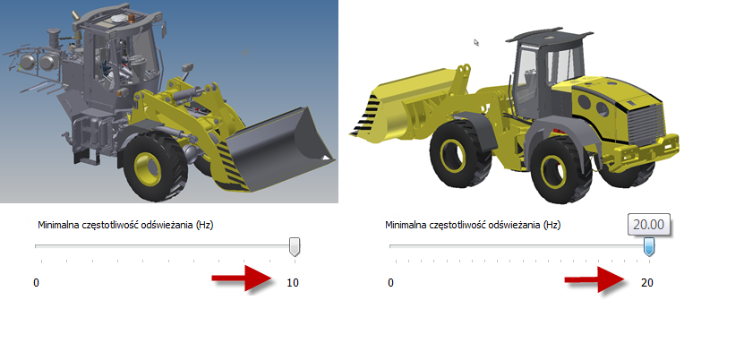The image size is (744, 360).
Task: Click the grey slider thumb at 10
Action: tap(295, 247)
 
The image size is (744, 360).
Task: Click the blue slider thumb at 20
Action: tap(648, 247)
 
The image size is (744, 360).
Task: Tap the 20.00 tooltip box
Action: tap(648, 225)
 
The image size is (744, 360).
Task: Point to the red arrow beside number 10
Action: tap(243, 278)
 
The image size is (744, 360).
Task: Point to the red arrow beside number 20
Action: tap(596, 279)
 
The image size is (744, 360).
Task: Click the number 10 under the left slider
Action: tap(293, 283)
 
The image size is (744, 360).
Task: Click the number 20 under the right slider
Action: tap(647, 283)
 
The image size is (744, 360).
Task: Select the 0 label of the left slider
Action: tap(36, 283)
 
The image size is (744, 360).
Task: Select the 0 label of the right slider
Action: tap(390, 283)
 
